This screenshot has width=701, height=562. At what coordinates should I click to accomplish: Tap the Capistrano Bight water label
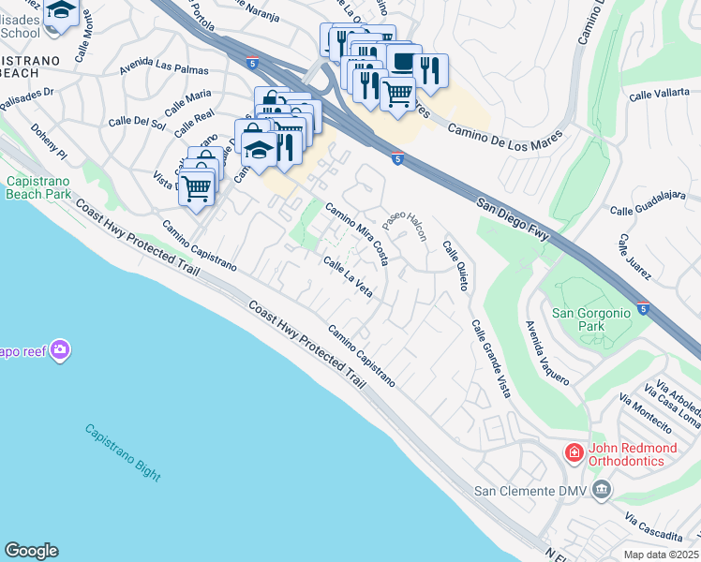click(x=122, y=452)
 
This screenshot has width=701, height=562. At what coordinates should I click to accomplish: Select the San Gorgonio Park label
click(x=587, y=320)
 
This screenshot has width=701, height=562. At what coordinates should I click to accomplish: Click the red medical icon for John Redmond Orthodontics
click(x=574, y=452)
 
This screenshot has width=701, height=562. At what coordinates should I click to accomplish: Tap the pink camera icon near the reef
click(x=61, y=350)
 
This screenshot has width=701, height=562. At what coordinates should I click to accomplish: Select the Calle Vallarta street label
click(x=660, y=96)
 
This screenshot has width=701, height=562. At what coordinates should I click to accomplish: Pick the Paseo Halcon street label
click(x=404, y=225)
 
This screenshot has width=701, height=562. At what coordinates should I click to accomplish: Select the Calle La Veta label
click(x=348, y=277)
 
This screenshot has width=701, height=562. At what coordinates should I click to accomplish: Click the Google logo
click(x=31, y=551)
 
